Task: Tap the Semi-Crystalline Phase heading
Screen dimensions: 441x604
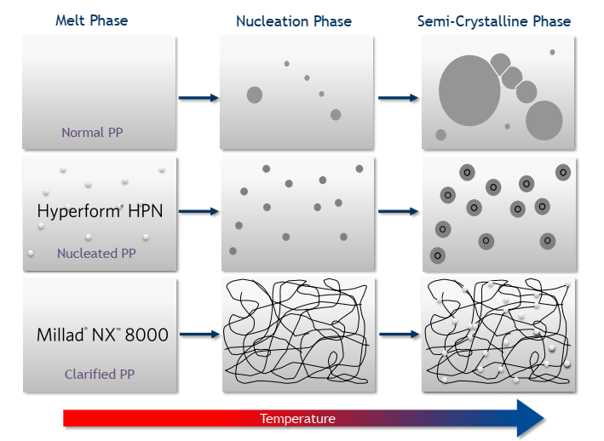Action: pyautogui.click(x=494, y=21)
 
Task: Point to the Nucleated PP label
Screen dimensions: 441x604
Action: pyautogui.click(x=96, y=253)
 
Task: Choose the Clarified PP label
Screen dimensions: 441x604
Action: pyautogui.click(x=100, y=374)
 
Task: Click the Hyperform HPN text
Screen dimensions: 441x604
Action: pyautogui.click(x=100, y=211)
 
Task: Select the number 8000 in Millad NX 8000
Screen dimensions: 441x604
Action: pyautogui.click(x=146, y=335)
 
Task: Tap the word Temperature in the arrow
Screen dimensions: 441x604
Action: pyautogui.click(x=297, y=419)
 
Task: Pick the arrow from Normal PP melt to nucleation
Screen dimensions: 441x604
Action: pyautogui.click(x=198, y=99)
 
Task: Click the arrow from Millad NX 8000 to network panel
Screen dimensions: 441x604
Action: pyautogui.click(x=198, y=335)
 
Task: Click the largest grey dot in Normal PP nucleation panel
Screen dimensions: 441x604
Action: pyautogui.click(x=255, y=94)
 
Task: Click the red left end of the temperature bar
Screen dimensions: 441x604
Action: pyautogui.click(x=72, y=418)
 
